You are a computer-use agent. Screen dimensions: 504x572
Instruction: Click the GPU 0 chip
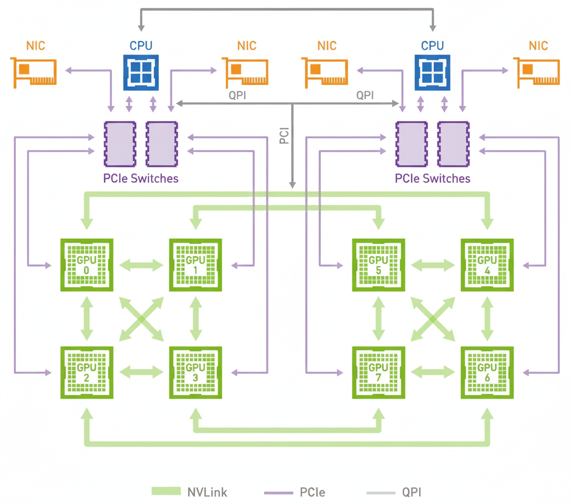[87, 265]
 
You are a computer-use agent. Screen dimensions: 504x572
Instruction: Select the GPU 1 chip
[195, 265]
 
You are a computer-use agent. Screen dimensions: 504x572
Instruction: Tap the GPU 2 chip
[87, 372]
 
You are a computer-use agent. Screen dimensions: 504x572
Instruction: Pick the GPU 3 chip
[195, 372]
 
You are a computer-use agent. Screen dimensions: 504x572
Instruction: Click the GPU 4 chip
[487, 265]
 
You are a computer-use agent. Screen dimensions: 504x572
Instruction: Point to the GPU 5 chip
[378, 265]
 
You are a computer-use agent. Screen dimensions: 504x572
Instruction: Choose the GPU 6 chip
[487, 372]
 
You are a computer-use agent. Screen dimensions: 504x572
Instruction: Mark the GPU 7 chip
[378, 372]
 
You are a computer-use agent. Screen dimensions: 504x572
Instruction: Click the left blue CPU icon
[141, 73]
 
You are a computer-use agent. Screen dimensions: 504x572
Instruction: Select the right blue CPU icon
[433, 73]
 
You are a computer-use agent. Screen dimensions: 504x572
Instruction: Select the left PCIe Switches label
[141, 178]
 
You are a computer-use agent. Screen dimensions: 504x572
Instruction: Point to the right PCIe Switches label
[433, 178]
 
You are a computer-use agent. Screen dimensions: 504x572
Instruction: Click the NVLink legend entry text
[207, 492]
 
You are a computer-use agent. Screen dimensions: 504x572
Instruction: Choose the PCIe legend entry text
[312, 492]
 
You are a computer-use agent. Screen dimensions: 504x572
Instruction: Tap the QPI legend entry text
[412, 492]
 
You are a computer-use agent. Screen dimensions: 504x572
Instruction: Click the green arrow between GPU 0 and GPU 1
[141, 265]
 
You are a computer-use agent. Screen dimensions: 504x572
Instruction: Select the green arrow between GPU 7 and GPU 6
[433, 372]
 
